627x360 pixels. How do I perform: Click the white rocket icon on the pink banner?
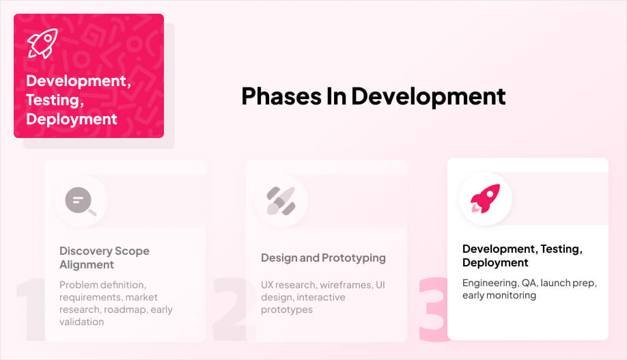(42, 43)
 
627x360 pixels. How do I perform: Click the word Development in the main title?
(428, 96)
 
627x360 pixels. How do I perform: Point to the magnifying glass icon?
(81, 201)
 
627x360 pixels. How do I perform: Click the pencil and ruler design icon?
(281, 201)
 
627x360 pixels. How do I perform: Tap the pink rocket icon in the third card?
(485, 199)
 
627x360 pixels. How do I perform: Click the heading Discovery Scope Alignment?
(104, 258)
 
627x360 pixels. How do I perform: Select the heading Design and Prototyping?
(323, 258)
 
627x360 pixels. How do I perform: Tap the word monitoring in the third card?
(512, 295)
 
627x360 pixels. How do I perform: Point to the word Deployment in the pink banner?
(72, 119)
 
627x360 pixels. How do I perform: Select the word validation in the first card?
(82, 322)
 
